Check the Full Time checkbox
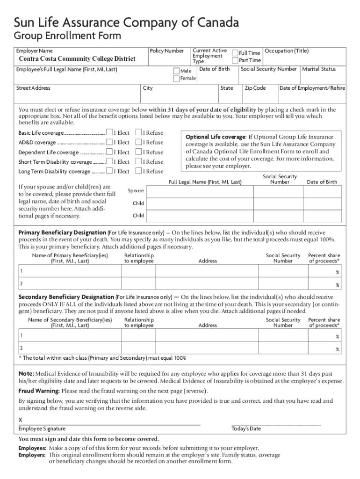[x=235, y=53]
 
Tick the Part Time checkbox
[x=235, y=60]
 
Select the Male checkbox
[x=176, y=71]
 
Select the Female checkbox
[x=176, y=78]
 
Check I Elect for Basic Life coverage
[x=110, y=133]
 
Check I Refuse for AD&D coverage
[x=138, y=142]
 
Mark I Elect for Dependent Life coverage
[x=110, y=152]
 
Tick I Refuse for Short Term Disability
[x=138, y=161]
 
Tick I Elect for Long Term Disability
[x=110, y=171]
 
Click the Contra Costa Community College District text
[x=77, y=59]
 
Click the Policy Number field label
[x=166, y=51]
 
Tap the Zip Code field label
[x=255, y=88]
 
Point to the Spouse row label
[x=137, y=191]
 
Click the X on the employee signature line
[x=20, y=420]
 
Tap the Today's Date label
[x=246, y=429]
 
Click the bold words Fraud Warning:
[x=39, y=391]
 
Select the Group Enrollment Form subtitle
[x=67, y=36]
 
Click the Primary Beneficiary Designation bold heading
[x=62, y=232]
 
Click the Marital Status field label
[x=319, y=69]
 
